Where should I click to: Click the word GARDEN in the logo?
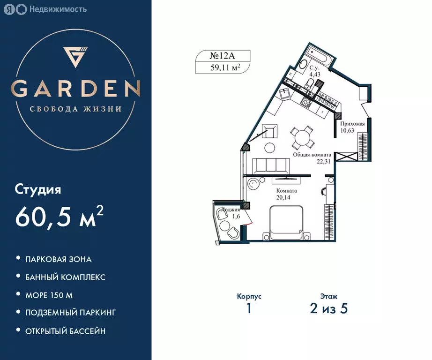(x=76, y=88)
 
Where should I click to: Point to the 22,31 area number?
(x=324, y=161)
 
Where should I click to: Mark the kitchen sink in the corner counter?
(x=284, y=94)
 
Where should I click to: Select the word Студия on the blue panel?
(x=38, y=190)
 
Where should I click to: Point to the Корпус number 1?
(x=249, y=309)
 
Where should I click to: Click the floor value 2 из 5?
(x=328, y=309)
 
